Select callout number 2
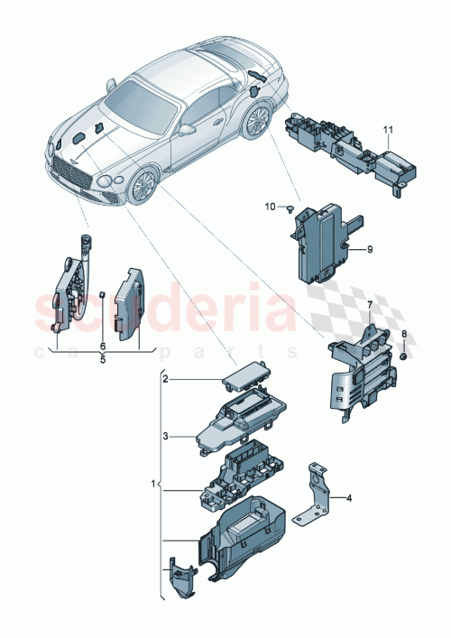165,380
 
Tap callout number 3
165,435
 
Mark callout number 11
387,132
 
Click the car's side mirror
188,129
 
